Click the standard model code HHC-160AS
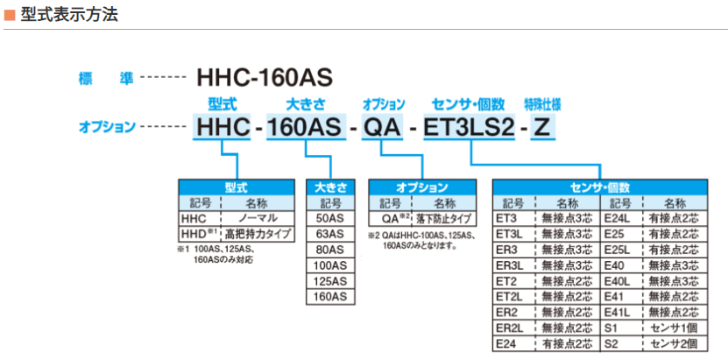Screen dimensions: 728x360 click(x=265, y=79)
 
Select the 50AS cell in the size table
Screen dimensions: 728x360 click(x=329, y=218)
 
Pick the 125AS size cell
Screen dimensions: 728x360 click(x=329, y=281)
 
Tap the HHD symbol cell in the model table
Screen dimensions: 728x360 click(x=200, y=234)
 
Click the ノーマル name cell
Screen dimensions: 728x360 click(x=258, y=218)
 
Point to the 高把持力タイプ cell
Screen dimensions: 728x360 click(x=258, y=234)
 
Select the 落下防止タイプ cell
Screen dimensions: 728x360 click(x=444, y=218)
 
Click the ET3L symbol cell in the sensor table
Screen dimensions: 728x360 click(x=514, y=234)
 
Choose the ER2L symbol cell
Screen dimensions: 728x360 click(x=514, y=328)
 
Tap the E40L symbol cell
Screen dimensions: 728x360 click(x=621, y=281)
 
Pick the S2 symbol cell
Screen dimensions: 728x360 click(x=621, y=343)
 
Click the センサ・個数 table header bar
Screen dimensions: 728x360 click(x=600, y=187)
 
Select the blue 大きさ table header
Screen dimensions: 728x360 click(x=330, y=187)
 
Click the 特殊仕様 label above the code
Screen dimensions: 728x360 click(x=542, y=104)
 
